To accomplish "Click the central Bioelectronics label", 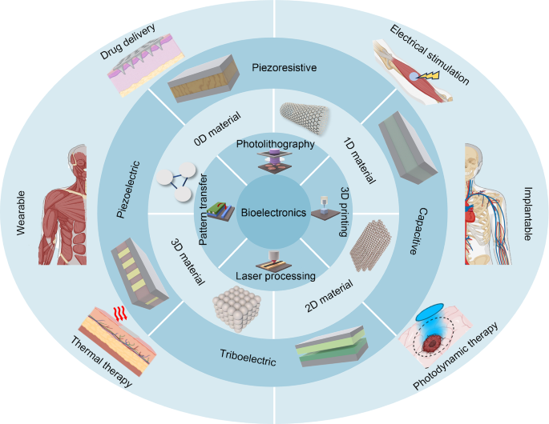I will (x=275, y=213).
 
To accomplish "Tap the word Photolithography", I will (x=275, y=143).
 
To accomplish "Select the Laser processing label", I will (x=275, y=277).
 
